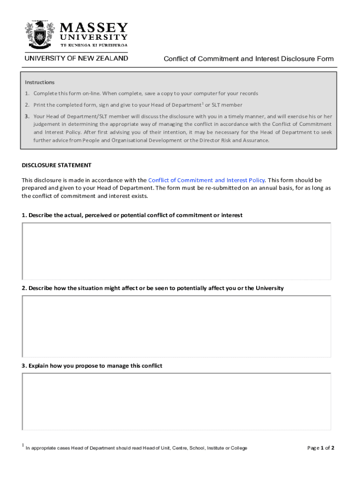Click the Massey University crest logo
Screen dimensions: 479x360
(39, 35)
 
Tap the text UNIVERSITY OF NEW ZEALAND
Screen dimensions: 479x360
(76, 58)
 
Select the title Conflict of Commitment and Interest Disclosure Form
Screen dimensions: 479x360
(248, 58)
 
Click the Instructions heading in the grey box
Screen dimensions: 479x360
(40, 82)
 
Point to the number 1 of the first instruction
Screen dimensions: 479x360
(27, 94)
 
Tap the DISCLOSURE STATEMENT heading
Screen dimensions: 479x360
(57, 165)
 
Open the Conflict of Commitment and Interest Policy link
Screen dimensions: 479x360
(206, 180)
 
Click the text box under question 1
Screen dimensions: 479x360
(176, 251)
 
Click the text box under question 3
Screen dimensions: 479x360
(176, 401)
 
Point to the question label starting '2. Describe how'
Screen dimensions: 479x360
(152, 288)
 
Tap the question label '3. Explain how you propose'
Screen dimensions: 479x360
(92, 366)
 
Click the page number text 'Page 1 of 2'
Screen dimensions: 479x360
(320, 448)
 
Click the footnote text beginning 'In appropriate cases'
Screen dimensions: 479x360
(137, 448)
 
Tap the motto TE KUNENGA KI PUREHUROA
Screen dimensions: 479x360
(94, 45)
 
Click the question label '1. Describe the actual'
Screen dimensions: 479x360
(132, 215)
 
